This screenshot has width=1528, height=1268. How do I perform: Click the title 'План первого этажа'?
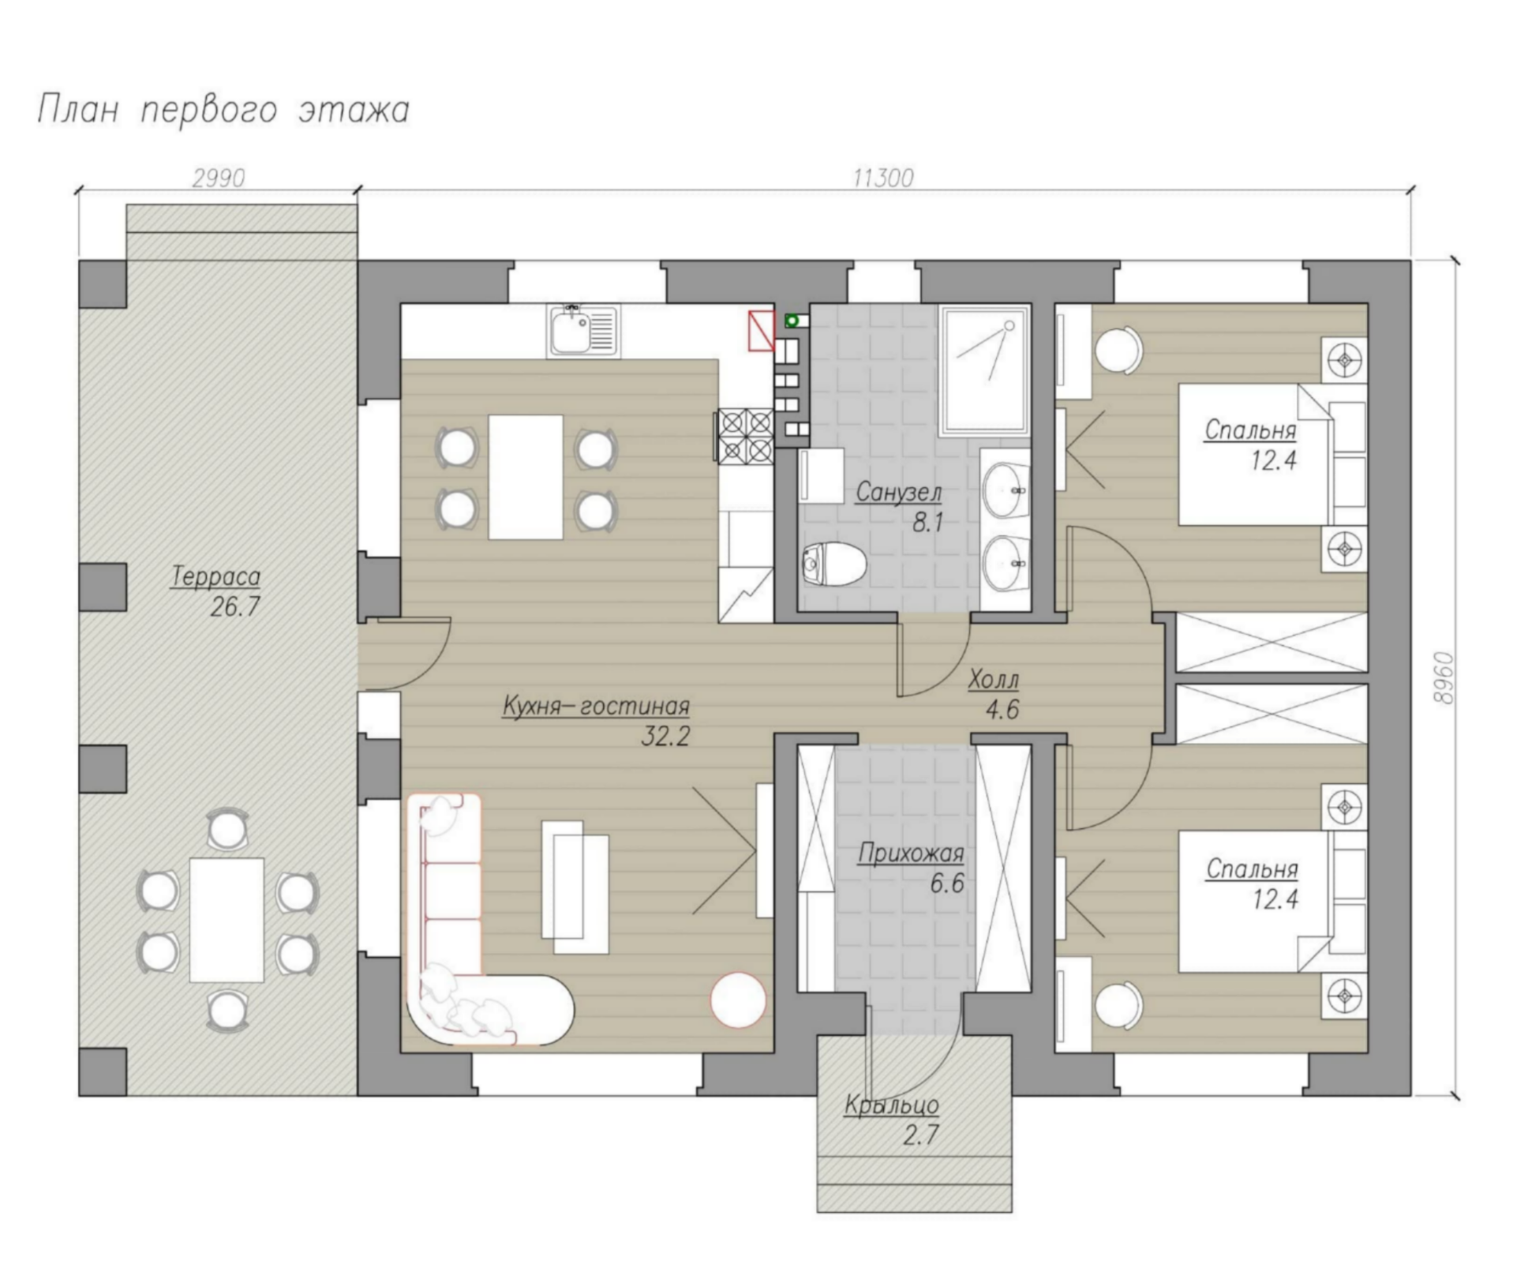(x=223, y=111)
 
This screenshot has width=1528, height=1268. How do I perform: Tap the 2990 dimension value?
(x=219, y=178)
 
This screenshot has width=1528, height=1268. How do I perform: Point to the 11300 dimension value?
(x=883, y=178)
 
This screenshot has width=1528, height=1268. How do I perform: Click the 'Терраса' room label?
(x=215, y=577)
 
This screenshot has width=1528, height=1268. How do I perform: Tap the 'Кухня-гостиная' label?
(x=596, y=706)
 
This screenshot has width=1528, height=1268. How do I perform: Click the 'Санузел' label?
(x=898, y=493)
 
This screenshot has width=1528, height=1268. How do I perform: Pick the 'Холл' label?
(x=993, y=679)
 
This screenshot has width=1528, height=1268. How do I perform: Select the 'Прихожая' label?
(x=911, y=853)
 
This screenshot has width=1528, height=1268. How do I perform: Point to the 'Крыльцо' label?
(x=891, y=1105)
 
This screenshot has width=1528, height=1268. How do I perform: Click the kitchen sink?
(x=583, y=330)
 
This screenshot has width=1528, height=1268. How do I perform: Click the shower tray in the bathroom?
(x=985, y=370)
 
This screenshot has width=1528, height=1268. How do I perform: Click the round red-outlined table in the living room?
(x=738, y=1000)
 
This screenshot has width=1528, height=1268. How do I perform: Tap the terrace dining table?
(x=227, y=920)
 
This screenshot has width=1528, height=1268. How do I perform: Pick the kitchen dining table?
(x=526, y=477)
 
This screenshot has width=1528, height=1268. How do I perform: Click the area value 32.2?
(x=665, y=737)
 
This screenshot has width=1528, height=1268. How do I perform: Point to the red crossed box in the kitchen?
(x=761, y=329)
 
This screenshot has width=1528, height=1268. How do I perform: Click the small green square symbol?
(x=792, y=321)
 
